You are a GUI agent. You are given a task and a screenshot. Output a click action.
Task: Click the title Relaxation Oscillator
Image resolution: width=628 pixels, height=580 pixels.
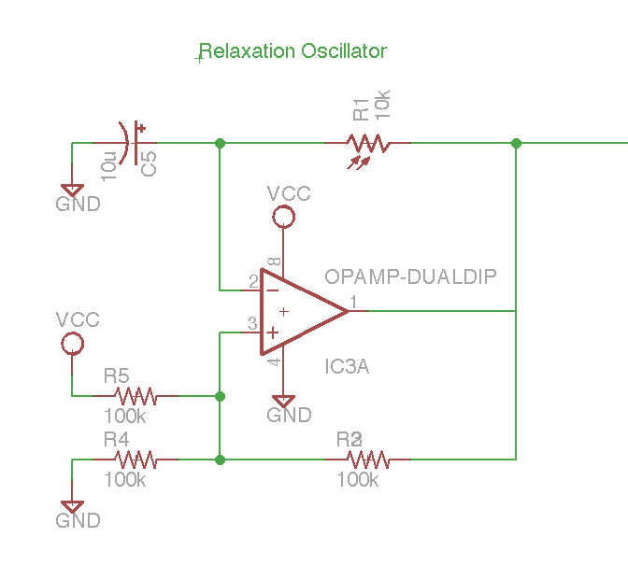(x=293, y=51)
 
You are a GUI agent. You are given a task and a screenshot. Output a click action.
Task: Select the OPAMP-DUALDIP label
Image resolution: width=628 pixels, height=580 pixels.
(x=410, y=276)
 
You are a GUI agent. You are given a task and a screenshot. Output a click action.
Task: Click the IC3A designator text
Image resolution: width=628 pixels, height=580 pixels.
(x=347, y=367)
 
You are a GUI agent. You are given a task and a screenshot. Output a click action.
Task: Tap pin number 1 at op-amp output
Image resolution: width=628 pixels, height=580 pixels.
(x=352, y=301)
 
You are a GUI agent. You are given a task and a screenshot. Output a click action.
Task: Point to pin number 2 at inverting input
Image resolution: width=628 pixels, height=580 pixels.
(x=253, y=280)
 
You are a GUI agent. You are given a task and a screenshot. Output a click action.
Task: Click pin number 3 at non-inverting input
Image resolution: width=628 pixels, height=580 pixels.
(x=252, y=323)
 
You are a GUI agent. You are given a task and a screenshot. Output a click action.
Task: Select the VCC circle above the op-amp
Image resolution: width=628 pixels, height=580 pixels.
(x=282, y=218)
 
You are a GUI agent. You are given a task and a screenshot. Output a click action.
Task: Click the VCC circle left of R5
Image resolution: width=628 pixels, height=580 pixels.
(x=72, y=344)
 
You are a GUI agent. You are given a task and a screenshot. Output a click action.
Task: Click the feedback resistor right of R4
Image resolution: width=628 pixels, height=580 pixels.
(x=367, y=460)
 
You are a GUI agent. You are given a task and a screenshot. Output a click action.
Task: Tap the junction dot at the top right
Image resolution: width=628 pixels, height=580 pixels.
(x=516, y=143)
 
